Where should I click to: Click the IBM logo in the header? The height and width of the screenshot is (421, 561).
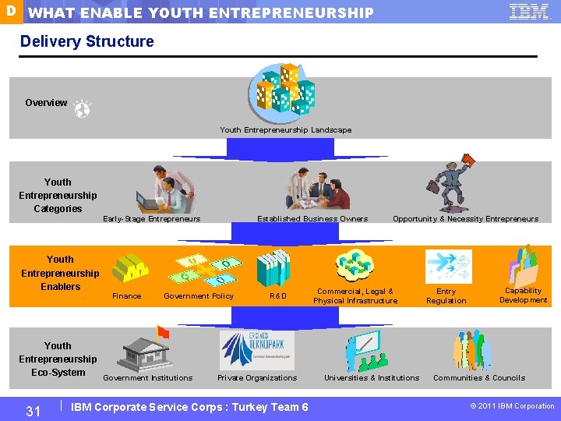point(529,12)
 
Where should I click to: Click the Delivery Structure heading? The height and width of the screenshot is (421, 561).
point(87,41)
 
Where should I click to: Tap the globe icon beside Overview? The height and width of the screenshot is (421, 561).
point(82,110)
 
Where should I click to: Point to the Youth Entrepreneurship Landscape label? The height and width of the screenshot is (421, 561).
point(285,130)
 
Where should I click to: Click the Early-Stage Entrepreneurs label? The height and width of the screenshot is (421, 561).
point(152,219)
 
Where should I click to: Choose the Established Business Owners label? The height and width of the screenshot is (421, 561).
point(312,219)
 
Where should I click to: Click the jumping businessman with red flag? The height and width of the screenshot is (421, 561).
point(450,184)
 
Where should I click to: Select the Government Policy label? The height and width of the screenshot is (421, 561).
point(199,296)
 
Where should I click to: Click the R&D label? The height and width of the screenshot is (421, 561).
point(278,296)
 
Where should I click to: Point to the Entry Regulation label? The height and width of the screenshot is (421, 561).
point(446,295)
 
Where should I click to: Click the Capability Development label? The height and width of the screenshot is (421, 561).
point(523,295)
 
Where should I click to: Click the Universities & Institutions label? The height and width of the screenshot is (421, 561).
point(372,378)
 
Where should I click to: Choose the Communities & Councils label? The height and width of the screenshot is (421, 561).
point(479,378)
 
